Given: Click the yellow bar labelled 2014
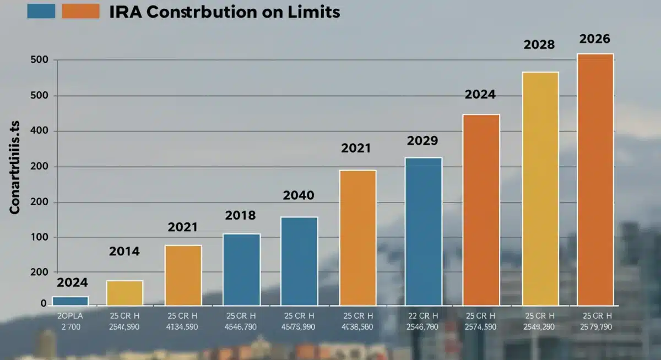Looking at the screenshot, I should click(124, 293).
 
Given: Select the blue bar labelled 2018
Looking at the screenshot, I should click(241, 269).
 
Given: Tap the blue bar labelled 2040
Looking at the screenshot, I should click(299, 261).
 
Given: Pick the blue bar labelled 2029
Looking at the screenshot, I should click(423, 231).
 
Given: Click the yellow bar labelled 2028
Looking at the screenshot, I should click(540, 188).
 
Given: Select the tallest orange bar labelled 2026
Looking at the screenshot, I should click(595, 179).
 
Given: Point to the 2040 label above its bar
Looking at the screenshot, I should click(299, 195).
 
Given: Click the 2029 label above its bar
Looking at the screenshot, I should click(422, 141).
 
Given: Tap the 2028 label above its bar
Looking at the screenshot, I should click(539, 45).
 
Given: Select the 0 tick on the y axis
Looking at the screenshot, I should click(44, 303).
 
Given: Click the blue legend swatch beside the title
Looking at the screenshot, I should click(41, 11).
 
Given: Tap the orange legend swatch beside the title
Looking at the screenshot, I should click(80, 11).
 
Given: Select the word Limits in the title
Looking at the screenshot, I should click(316, 12).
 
